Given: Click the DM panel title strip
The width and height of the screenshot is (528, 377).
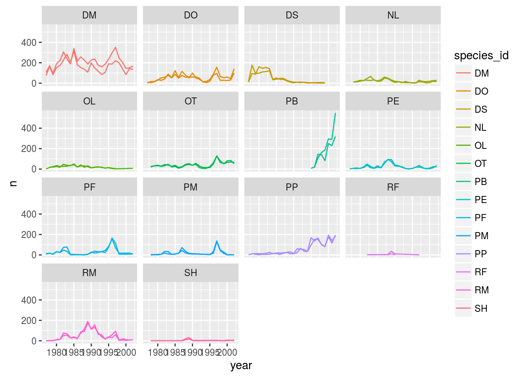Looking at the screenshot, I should (x=89, y=15).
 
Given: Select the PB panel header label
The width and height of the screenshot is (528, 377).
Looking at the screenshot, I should (x=292, y=101).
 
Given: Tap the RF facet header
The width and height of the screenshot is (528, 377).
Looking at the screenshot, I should (x=393, y=187).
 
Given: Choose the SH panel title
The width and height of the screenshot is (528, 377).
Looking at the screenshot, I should (x=191, y=273).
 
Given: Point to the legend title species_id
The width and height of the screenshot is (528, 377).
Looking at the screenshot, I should (x=481, y=56).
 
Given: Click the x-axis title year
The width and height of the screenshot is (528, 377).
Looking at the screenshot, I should (x=241, y=366).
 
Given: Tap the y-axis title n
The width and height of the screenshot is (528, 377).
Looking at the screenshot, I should (x=13, y=183).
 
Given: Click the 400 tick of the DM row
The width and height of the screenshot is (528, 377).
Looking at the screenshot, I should (x=29, y=42).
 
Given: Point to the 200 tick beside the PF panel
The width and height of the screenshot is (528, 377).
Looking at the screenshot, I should (x=29, y=234).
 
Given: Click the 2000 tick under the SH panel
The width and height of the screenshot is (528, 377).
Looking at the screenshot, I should (x=227, y=352).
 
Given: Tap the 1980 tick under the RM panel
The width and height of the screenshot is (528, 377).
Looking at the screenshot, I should (x=57, y=352).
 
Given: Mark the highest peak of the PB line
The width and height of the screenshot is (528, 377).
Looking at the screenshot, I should (x=335, y=113).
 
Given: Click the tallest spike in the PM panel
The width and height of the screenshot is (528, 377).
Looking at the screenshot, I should (x=217, y=241).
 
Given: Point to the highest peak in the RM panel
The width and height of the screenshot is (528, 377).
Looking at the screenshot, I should (x=88, y=322).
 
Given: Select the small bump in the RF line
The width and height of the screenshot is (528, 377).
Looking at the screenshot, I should (x=391, y=251).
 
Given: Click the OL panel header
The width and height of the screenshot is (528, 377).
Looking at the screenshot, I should (x=89, y=101).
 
